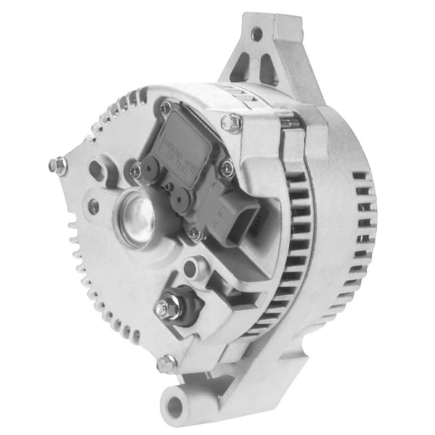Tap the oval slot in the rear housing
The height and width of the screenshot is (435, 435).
point(96,172)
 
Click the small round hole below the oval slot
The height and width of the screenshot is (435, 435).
point(94,207)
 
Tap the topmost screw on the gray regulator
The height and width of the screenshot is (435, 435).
point(166,107)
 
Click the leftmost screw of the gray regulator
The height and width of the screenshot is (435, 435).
point(136,171)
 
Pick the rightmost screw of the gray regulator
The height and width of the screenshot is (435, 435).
point(227,168)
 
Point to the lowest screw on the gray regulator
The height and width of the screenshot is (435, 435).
point(194,233)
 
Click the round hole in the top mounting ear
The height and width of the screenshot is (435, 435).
point(256,33)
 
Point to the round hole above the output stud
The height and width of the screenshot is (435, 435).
point(191,269)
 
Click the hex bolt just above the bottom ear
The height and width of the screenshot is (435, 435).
point(167,363)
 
